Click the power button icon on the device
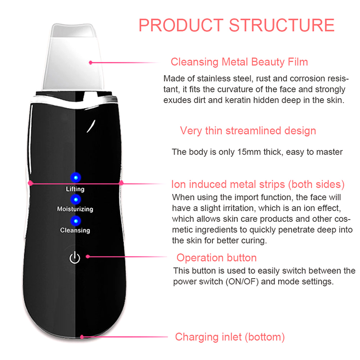(75, 258)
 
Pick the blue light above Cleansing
(75, 220)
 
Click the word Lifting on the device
(75, 189)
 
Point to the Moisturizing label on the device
(75, 209)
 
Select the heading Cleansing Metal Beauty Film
(239, 62)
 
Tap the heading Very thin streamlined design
(248, 131)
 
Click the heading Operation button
(216, 258)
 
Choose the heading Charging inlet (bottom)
(229, 337)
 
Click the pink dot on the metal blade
(91, 63)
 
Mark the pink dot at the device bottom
(82, 336)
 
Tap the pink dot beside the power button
(88, 257)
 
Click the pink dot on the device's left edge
(31, 183)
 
